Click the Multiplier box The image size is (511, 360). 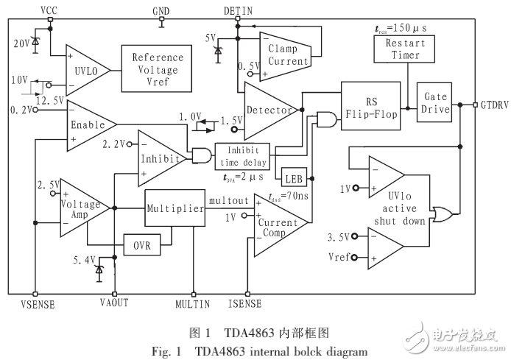(x=174, y=209)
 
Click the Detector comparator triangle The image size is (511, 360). (x=267, y=110)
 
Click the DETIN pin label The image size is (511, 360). (x=237, y=10)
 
